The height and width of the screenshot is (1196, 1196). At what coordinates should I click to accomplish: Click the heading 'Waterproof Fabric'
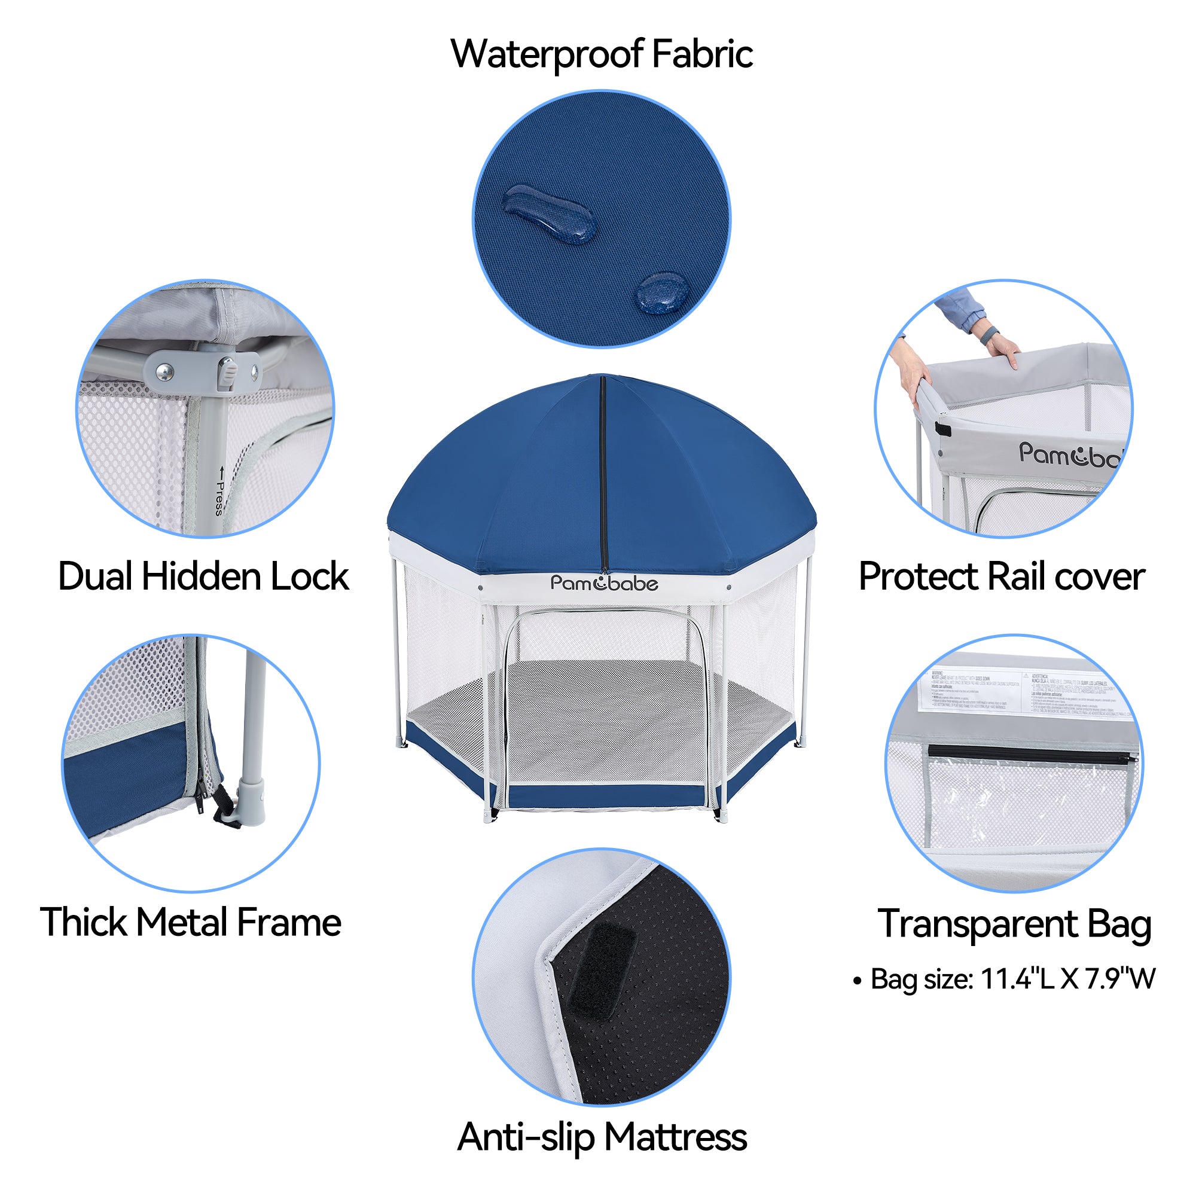601,54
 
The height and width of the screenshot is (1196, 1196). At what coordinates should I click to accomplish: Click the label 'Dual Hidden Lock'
203,577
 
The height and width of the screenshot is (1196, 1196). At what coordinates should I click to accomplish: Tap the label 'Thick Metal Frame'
191,922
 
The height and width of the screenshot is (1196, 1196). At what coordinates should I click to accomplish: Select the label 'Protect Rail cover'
1001,577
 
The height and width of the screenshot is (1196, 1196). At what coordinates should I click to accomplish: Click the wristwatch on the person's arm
990,336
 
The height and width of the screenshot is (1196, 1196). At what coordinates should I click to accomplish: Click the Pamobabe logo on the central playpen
603,583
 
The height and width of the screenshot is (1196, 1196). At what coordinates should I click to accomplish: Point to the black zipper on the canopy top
602,477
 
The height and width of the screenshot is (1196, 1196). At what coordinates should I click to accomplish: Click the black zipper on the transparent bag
1030,753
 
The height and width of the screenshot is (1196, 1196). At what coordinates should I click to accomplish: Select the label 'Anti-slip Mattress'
602,1137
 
